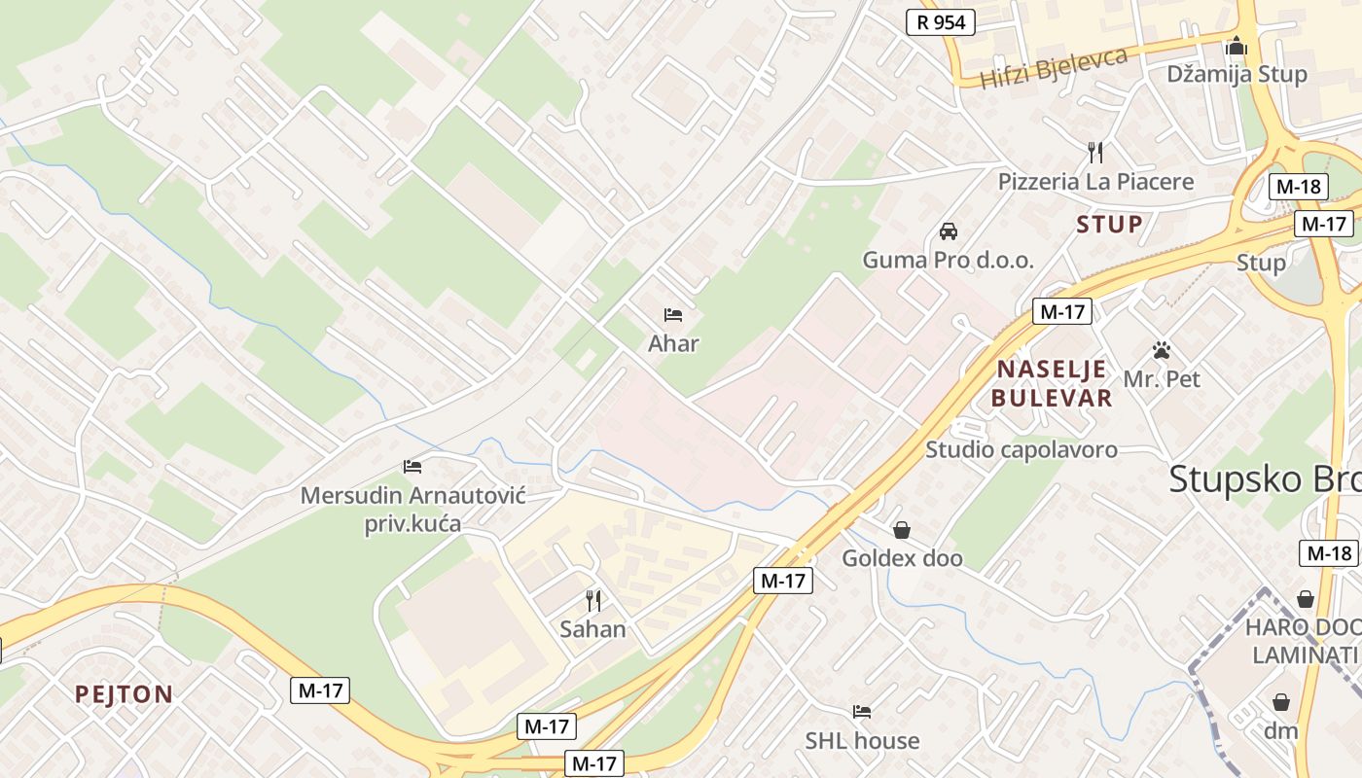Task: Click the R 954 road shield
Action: (940, 22)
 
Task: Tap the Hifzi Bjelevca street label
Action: (1054, 67)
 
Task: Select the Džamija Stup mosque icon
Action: (1237, 46)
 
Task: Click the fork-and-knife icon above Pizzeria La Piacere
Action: (1095, 152)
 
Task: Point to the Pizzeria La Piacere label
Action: (1095, 182)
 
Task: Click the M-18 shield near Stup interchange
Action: (1299, 187)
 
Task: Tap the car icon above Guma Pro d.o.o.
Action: (949, 231)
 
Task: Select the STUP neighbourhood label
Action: (1109, 225)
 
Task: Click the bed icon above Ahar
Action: (673, 315)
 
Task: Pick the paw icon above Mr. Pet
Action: (1162, 350)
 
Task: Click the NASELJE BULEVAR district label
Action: (1052, 383)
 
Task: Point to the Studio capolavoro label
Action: (1021, 450)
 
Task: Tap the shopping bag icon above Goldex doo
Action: (902, 530)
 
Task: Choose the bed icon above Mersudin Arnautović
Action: (412, 467)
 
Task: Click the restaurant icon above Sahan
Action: (592, 601)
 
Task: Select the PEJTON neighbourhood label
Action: (125, 695)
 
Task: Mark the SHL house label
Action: (862, 741)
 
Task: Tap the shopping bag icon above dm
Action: (1281, 702)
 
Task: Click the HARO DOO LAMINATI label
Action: (1304, 641)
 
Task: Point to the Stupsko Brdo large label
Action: (1265, 479)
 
